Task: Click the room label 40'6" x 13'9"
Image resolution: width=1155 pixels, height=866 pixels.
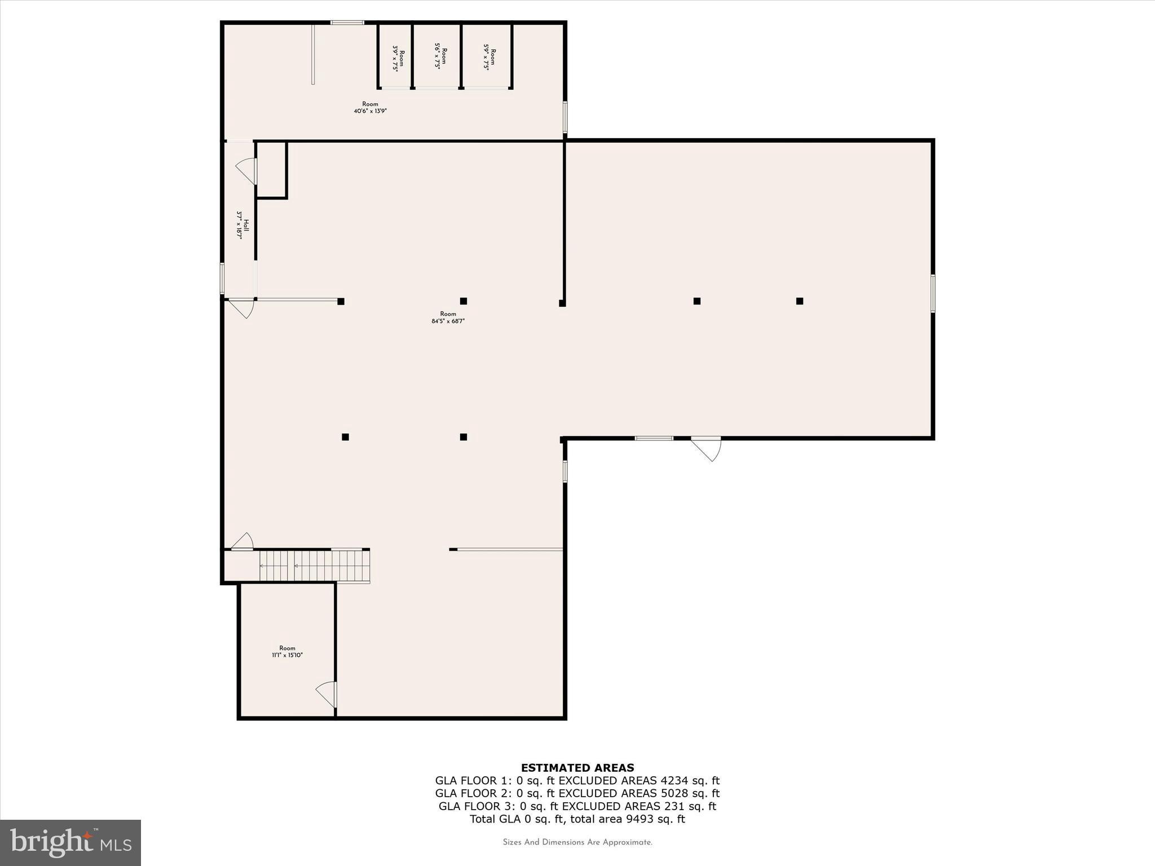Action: click(370, 108)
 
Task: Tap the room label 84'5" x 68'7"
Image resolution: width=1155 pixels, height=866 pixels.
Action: click(448, 317)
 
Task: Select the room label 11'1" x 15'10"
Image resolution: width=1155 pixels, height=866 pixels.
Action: click(287, 652)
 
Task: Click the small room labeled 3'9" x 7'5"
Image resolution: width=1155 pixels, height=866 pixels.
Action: click(398, 58)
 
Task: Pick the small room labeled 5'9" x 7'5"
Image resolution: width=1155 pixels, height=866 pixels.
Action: click(489, 56)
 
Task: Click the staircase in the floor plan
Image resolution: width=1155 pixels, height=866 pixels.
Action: click(314, 566)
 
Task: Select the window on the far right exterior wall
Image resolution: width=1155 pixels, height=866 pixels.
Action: click(933, 293)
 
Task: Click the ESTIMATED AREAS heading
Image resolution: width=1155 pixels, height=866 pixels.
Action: click(577, 767)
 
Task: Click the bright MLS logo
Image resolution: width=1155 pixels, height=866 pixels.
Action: click(70, 842)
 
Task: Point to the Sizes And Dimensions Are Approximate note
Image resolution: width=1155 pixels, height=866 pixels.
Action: click(577, 842)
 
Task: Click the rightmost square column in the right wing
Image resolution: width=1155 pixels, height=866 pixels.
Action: click(799, 301)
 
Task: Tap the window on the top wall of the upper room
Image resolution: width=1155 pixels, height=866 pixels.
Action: click(347, 23)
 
